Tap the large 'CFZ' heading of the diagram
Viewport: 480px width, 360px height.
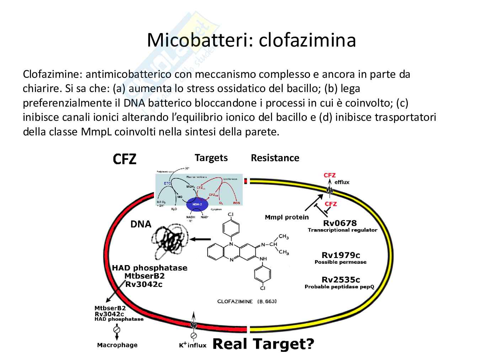tap(124, 159)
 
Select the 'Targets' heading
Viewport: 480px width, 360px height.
tap(211, 158)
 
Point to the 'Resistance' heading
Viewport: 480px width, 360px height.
tap(275, 158)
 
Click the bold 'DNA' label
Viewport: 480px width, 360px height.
tap(141, 224)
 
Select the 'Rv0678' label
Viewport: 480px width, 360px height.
tap(340, 223)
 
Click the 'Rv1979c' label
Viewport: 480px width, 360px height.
tap(341, 255)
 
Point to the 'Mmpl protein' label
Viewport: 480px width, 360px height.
tap(287, 217)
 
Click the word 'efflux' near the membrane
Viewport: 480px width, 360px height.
tap(342, 182)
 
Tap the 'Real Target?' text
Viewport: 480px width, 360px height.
tap(263, 344)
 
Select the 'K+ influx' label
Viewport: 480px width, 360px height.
tap(192, 345)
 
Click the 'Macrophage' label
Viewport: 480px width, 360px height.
tap(117, 345)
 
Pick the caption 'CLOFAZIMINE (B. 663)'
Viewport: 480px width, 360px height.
tap(247, 301)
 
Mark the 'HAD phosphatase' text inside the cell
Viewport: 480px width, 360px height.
tap(150, 268)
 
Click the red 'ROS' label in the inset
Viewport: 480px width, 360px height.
tap(236, 203)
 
